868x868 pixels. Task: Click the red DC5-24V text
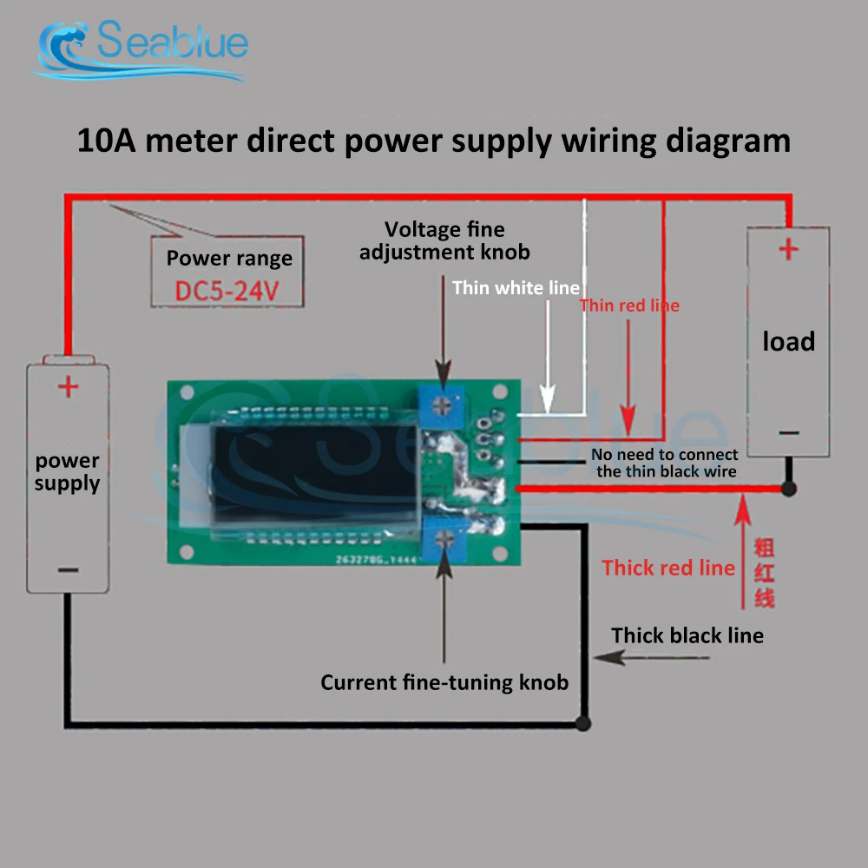pos(227,291)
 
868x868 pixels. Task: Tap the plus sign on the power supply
pos(68,386)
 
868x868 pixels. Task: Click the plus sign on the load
pos(788,251)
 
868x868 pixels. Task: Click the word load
pos(788,342)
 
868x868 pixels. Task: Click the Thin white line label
pos(516,288)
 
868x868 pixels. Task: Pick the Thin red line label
pos(629,306)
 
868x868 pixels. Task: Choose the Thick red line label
pos(668,569)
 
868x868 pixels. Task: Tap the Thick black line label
pos(687,636)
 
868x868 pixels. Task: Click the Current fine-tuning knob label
pos(444,683)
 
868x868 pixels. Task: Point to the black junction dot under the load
pos(788,489)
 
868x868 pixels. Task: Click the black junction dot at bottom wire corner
pos(583,722)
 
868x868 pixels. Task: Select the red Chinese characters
pos(764,573)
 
